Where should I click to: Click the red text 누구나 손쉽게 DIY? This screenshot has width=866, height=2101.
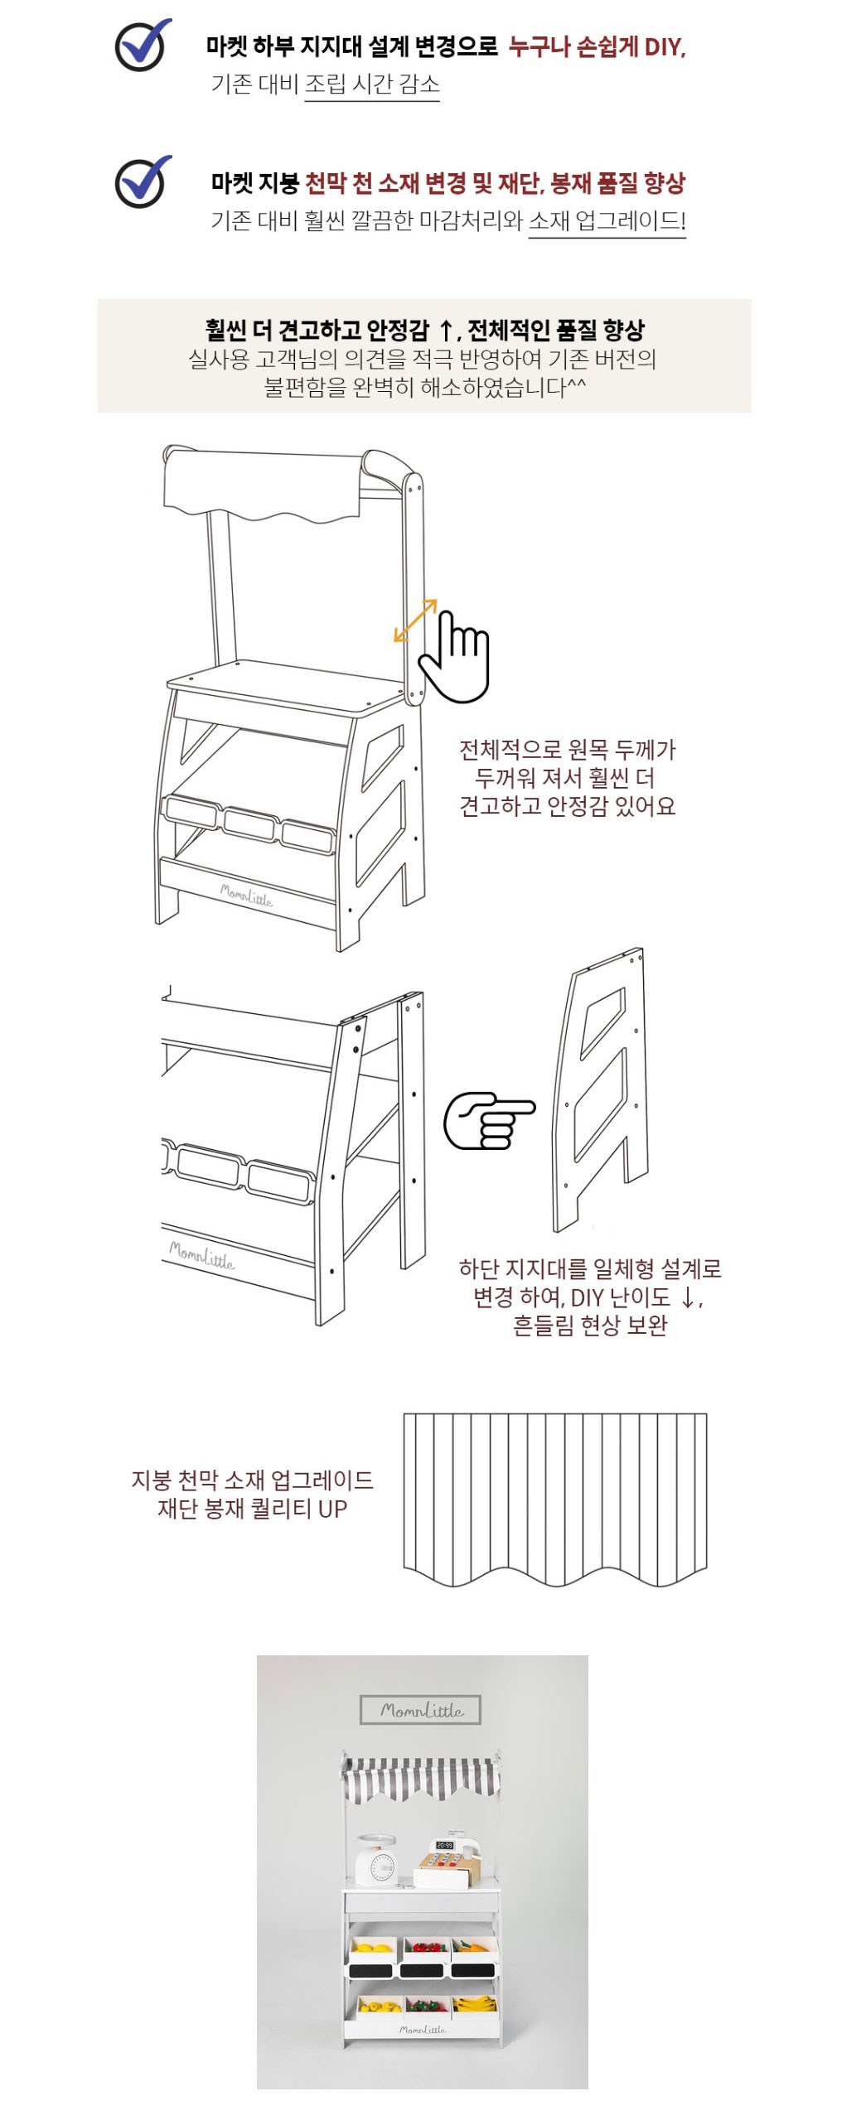click(x=597, y=46)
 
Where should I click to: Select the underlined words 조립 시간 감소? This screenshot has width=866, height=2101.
click(x=372, y=84)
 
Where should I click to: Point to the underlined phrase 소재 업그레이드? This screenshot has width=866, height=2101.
click(x=607, y=221)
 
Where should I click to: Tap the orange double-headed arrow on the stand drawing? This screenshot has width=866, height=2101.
click(x=415, y=621)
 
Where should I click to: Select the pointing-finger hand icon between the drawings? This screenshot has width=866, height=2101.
click(x=489, y=1121)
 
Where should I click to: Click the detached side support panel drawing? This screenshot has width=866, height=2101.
click(x=600, y=1089)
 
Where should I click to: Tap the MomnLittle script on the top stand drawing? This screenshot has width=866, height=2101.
click(x=246, y=895)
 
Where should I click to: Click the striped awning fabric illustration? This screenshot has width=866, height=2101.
click(x=555, y=1499)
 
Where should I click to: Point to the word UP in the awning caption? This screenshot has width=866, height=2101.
click(x=332, y=1509)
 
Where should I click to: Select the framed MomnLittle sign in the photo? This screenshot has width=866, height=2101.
click(x=421, y=1710)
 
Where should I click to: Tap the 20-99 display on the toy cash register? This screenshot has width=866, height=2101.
click(x=445, y=1846)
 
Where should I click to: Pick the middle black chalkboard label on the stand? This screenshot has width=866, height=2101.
click(x=422, y=1969)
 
